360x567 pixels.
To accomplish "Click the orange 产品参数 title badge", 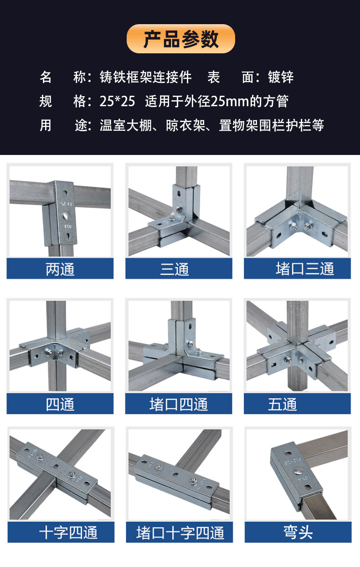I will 180,39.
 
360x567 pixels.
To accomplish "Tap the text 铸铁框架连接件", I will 145,77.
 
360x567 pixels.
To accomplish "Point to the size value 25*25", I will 117,101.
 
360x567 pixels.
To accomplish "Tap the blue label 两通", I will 60,269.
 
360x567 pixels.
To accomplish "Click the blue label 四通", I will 60,404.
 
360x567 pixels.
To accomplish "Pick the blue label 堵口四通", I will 179,404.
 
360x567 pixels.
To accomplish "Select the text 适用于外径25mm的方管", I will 216,101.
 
